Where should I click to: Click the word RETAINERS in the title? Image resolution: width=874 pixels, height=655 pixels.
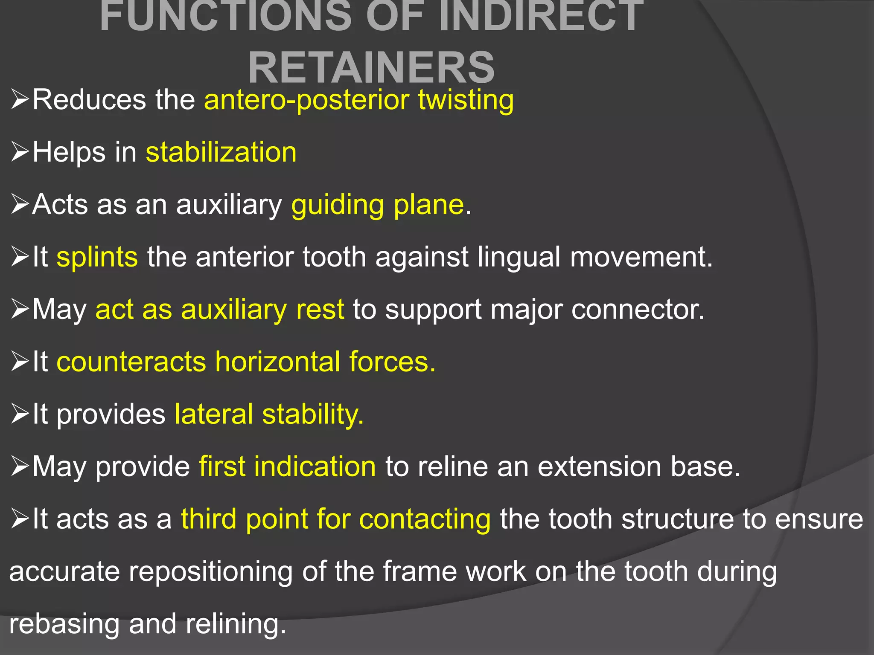(x=371, y=67)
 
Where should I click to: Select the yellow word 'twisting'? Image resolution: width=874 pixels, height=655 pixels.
(x=466, y=100)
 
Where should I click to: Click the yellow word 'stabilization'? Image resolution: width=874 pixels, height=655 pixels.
(x=221, y=152)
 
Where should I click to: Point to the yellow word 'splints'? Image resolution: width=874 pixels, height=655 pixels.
(x=97, y=257)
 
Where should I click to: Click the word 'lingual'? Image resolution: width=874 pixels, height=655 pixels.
(x=519, y=257)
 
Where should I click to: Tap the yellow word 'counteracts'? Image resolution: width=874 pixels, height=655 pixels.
(x=131, y=362)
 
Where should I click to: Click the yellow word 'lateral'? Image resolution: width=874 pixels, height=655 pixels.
(x=214, y=414)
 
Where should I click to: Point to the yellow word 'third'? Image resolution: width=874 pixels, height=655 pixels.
(x=209, y=519)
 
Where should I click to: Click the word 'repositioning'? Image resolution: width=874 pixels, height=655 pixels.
(x=211, y=571)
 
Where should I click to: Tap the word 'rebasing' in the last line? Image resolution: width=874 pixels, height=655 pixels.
(x=64, y=624)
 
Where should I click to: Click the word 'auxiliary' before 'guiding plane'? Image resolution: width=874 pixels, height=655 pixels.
(x=229, y=205)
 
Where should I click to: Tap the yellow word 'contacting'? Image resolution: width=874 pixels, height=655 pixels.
(x=425, y=520)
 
